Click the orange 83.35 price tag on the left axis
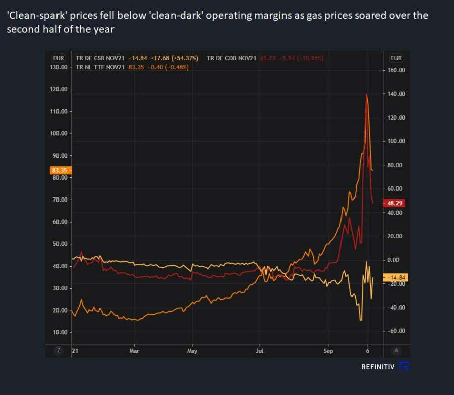(59, 170)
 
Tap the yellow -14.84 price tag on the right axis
(395, 277)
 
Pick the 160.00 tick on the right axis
(396, 70)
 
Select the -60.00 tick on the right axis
(396, 331)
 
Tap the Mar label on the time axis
(134, 350)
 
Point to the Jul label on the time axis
(260, 350)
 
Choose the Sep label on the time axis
(328, 350)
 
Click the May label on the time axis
(192, 350)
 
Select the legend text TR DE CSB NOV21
(100, 58)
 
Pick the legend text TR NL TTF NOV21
(100, 67)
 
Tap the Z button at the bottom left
(59, 350)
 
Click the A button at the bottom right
(396, 350)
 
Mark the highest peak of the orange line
(367, 94)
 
